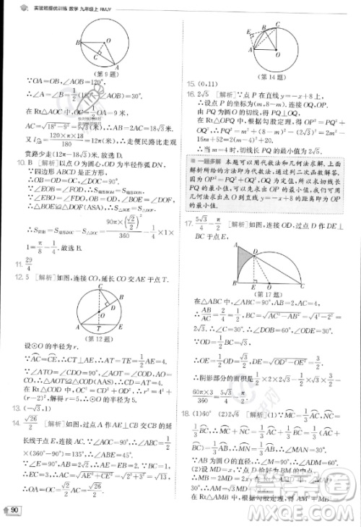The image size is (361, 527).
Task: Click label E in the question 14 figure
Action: (x=248, y=33)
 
